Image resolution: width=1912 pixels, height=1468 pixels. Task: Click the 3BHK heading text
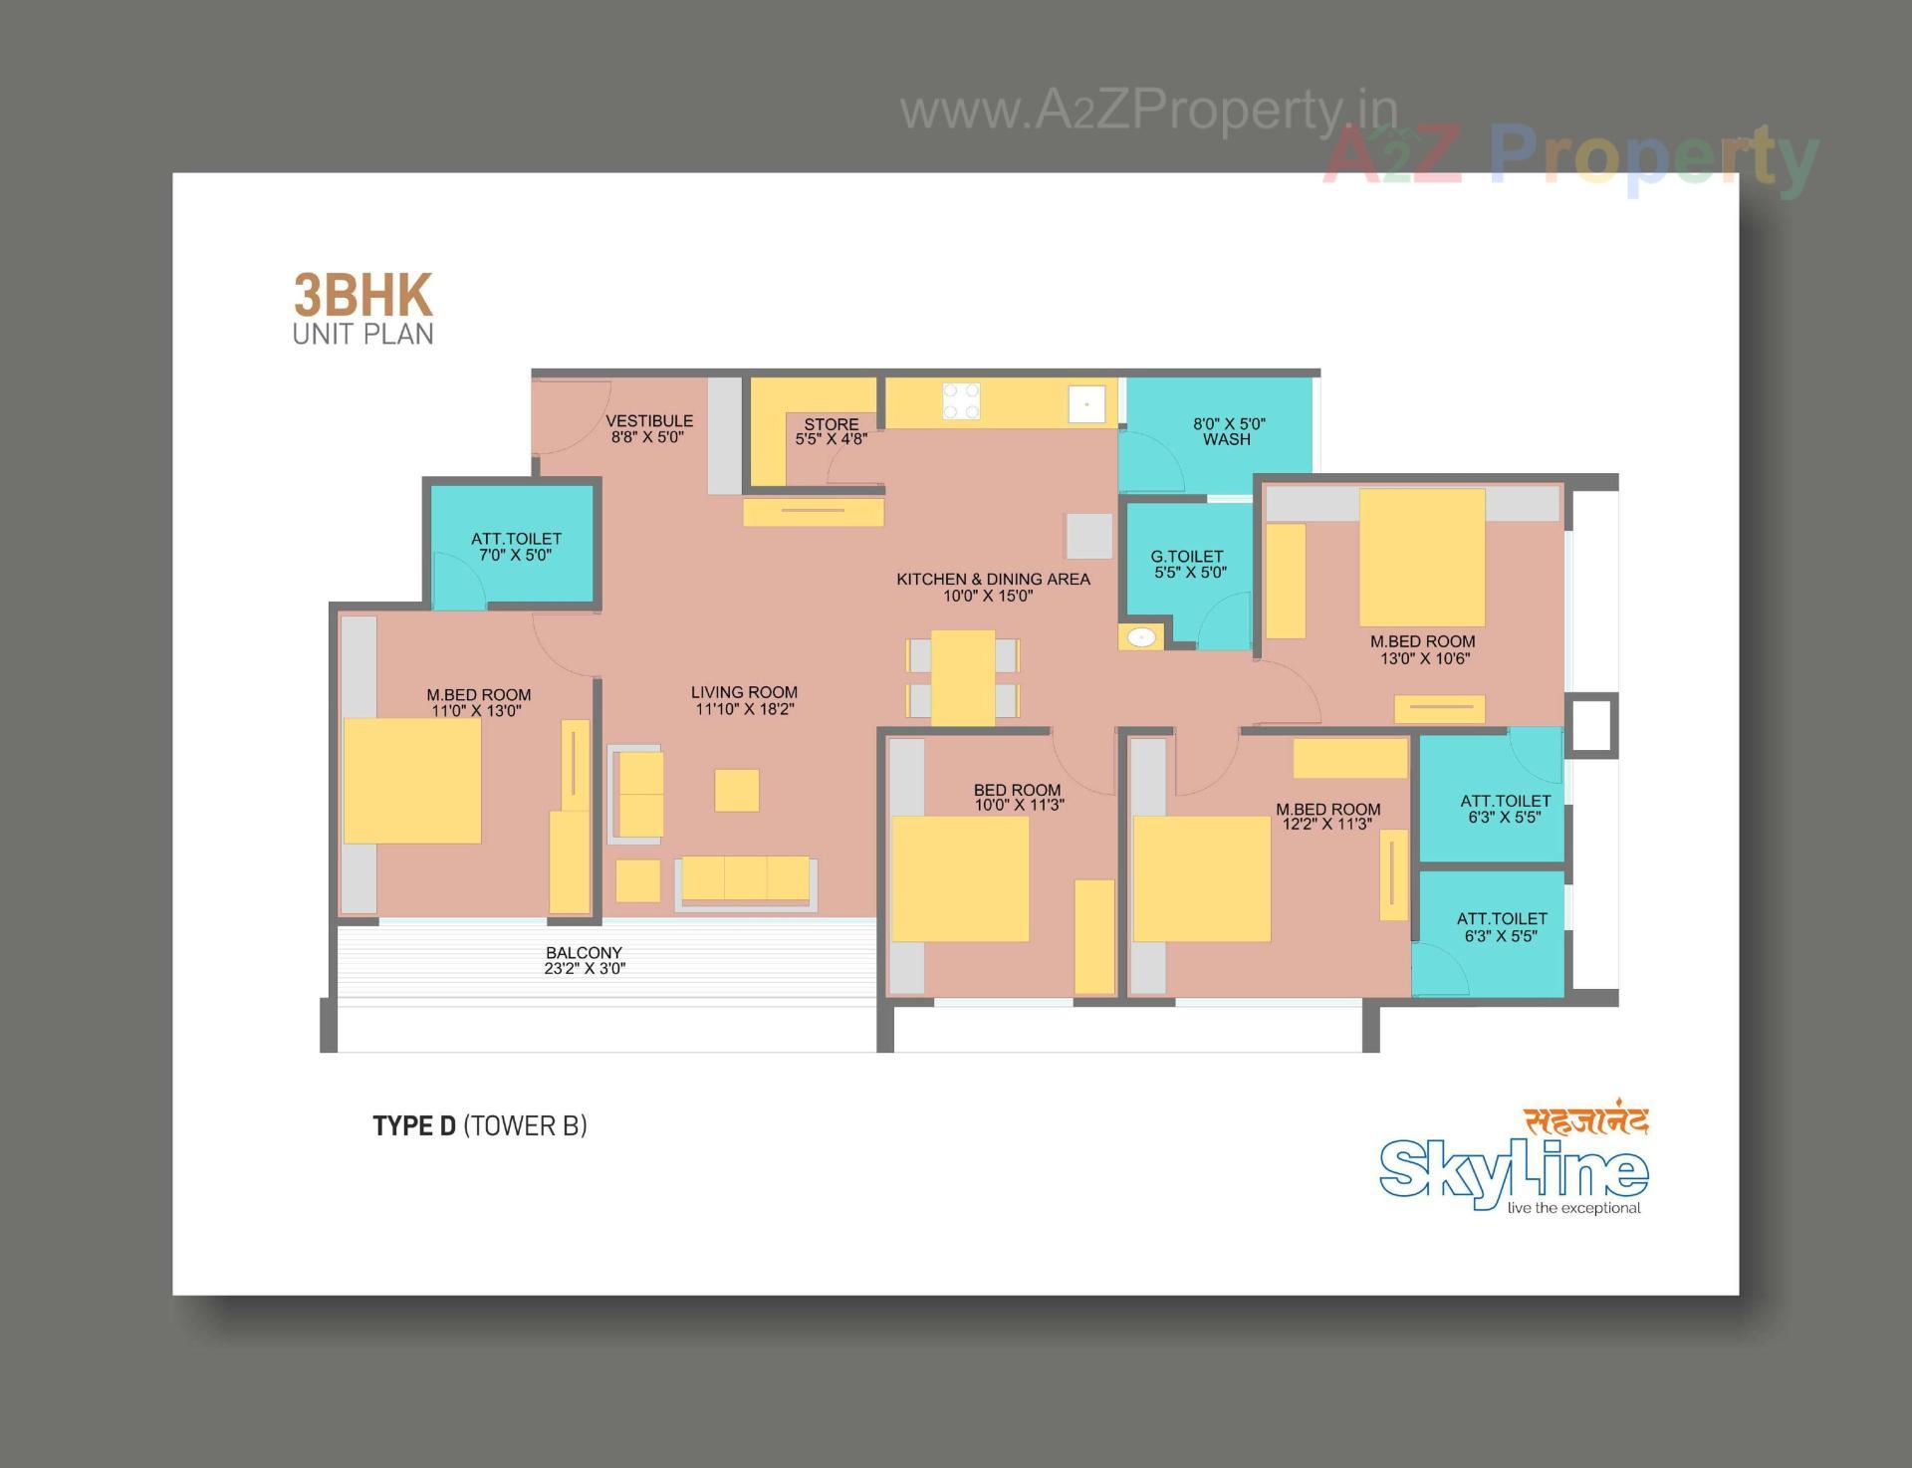point(362,296)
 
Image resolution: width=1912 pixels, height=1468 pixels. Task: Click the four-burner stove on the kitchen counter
point(961,401)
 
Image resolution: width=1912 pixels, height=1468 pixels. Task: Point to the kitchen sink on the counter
point(1086,404)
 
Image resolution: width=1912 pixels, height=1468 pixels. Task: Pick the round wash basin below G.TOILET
point(1141,636)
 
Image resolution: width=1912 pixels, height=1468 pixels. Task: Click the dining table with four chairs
point(962,677)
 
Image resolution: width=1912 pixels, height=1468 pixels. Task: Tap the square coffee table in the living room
point(737,790)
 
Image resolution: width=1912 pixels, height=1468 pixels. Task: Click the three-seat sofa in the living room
point(746,880)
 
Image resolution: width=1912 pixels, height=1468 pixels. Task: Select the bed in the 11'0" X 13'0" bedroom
point(412,781)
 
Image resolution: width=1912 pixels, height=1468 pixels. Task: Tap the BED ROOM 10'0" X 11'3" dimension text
point(1019,805)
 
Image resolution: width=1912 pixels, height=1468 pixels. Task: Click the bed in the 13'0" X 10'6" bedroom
point(1422,557)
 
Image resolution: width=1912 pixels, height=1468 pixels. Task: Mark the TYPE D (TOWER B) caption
point(480,1125)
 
